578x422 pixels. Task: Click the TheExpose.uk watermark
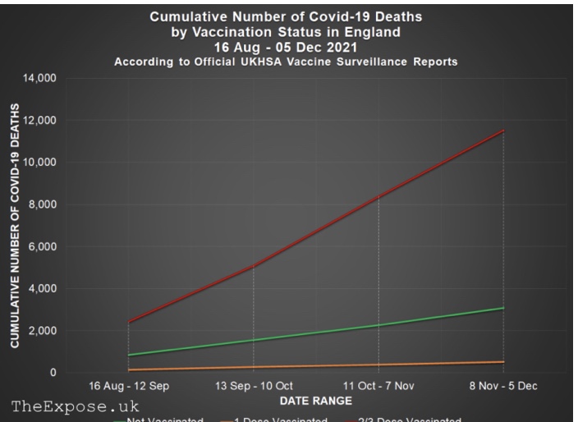76,406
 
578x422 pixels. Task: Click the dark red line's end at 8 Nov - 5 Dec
503,131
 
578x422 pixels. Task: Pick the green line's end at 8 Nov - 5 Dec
503,308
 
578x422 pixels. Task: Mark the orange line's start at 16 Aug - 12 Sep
129,369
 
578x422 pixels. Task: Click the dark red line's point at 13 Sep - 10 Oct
254,266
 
